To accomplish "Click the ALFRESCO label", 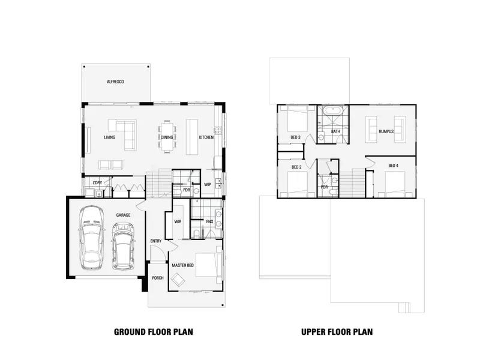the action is pyautogui.click(x=115, y=82).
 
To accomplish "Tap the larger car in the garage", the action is pyautogui.click(x=91, y=238).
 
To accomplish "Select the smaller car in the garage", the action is pyautogui.click(x=123, y=246).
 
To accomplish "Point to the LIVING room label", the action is pyautogui.click(x=110, y=137).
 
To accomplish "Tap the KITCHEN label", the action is pyautogui.click(x=206, y=137).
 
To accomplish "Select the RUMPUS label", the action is pyautogui.click(x=386, y=131).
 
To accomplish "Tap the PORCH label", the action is pyautogui.click(x=158, y=278).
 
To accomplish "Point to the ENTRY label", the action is pyautogui.click(x=156, y=241).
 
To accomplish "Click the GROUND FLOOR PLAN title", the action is pyautogui.click(x=154, y=332).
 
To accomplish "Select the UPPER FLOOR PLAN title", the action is pyautogui.click(x=337, y=332).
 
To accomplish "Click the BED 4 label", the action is pyautogui.click(x=394, y=166).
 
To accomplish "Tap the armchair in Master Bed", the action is pyautogui.click(x=178, y=279).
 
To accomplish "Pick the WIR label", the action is pyautogui.click(x=178, y=221).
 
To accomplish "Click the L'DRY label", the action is pyautogui.click(x=97, y=183).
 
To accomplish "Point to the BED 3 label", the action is pyautogui.click(x=295, y=137).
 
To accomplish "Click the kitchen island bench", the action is pyautogui.click(x=192, y=137).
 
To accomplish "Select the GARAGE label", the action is pyautogui.click(x=123, y=215).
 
